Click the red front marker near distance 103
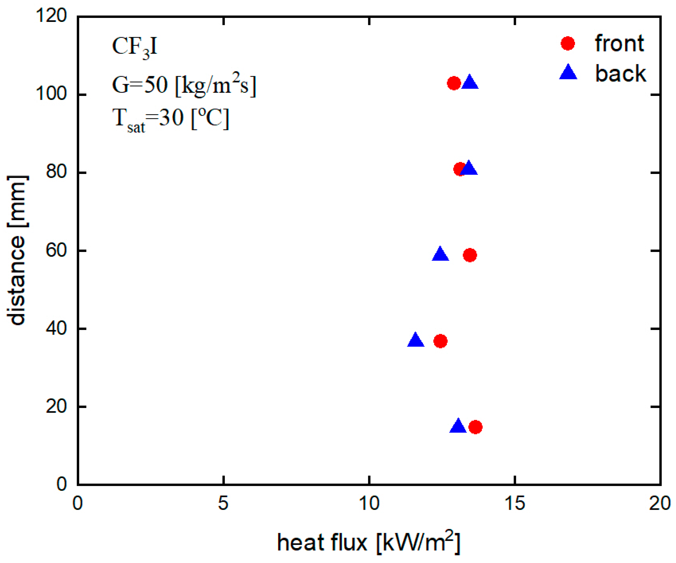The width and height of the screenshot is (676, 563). pyautogui.click(x=454, y=83)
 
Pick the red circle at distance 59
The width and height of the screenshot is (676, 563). pyautogui.click(x=470, y=255)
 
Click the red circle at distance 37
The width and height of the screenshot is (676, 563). pyautogui.click(x=440, y=341)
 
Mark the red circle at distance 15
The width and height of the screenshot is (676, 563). pyautogui.click(x=475, y=427)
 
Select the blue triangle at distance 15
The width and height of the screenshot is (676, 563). pyautogui.click(x=458, y=426)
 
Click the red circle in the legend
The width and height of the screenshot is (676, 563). pyautogui.click(x=568, y=44)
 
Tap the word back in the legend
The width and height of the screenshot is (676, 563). pyautogui.click(x=620, y=73)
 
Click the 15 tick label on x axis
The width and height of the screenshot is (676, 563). pyautogui.click(x=515, y=503)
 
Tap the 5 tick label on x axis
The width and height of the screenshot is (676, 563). pyautogui.click(x=223, y=503)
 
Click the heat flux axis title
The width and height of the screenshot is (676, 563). pyautogui.click(x=368, y=543)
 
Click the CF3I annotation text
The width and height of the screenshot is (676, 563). pyautogui.click(x=135, y=47)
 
